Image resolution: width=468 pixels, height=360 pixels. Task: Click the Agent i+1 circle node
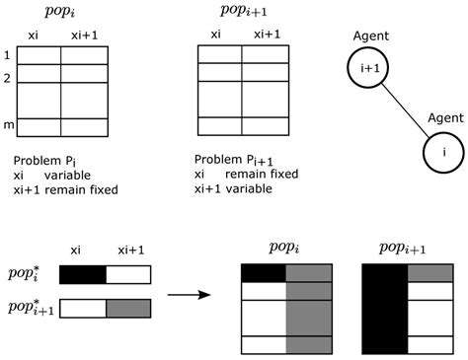tap(363, 70)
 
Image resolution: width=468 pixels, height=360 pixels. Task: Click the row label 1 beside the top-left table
tap(7, 56)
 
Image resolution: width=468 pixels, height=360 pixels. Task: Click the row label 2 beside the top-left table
tap(7, 75)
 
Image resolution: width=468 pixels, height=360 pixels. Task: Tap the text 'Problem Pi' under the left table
tap(45, 160)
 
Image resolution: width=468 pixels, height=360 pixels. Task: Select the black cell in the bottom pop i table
tap(264, 273)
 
